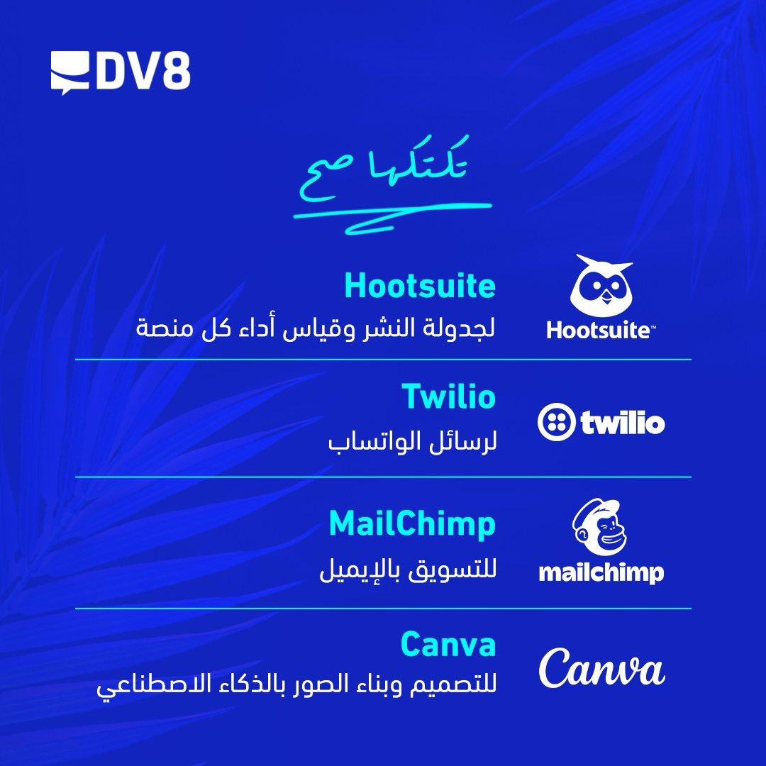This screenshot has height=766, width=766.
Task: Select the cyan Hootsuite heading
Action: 419,285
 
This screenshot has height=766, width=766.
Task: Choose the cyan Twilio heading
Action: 448,396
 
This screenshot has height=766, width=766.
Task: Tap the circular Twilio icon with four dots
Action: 557,423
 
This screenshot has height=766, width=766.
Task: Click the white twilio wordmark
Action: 623,423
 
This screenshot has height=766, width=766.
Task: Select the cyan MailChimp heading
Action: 412,524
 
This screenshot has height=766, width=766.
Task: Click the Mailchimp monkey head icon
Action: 600,528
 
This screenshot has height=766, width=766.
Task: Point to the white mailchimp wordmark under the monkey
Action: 601,572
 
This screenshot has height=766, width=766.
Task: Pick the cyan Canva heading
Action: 448,645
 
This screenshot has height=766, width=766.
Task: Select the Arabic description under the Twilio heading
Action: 411,443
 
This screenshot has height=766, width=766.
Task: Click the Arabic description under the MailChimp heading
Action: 406,571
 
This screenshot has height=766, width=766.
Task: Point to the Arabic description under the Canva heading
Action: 296,687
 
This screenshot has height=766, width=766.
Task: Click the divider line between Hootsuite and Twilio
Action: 383,360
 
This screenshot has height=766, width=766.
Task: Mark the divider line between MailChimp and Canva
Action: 383,609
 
